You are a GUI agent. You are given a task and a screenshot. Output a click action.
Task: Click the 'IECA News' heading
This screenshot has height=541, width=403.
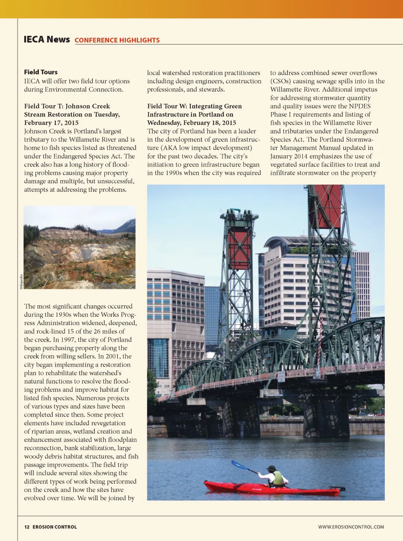point(46,39)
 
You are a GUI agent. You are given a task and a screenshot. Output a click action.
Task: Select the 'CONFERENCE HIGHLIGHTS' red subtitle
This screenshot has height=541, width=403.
point(117,40)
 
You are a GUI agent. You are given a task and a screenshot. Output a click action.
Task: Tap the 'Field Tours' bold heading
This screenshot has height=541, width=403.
point(41,72)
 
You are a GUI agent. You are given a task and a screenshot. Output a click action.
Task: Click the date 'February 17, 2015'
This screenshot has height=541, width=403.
point(51,123)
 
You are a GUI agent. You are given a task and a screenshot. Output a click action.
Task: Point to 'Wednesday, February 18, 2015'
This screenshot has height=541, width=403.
point(191,123)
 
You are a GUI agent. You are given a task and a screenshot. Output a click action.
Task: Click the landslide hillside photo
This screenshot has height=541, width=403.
point(79,247)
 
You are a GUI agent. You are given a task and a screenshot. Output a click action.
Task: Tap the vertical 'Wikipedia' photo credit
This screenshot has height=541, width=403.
point(21,281)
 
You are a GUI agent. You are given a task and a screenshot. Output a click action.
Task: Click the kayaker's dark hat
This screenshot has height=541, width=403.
point(272,468)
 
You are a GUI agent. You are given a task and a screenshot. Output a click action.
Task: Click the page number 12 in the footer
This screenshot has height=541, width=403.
point(27,527)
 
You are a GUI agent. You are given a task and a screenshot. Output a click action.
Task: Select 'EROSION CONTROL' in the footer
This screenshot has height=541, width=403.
point(55,527)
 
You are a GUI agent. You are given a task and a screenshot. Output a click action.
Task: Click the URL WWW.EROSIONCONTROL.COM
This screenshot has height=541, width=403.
point(351,527)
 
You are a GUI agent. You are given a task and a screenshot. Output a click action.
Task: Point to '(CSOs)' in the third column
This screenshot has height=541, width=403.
point(281,81)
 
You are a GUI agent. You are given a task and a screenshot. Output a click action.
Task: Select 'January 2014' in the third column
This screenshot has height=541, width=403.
point(288,156)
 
